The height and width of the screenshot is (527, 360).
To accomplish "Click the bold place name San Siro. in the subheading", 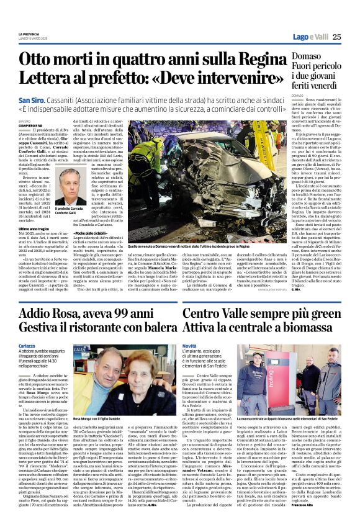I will pos(32,100).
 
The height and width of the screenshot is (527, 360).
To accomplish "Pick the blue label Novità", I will pos(189,345).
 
